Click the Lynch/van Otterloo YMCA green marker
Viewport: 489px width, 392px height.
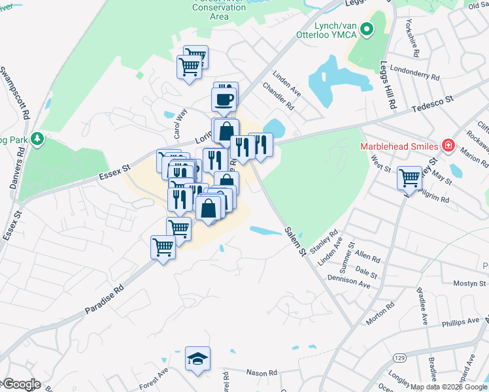coord(367,29)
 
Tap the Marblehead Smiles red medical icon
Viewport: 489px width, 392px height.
coord(448,145)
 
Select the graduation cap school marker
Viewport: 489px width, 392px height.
coord(197,359)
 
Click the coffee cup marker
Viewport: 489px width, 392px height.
coord(223,100)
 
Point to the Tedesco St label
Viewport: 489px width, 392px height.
coord(432,103)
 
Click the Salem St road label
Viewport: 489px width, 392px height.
coord(295,241)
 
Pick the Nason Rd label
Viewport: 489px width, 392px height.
coord(261,372)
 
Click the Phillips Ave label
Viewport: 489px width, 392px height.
coord(442,323)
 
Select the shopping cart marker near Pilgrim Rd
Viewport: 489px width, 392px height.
coord(410,176)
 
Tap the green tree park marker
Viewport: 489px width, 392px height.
coord(38,139)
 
